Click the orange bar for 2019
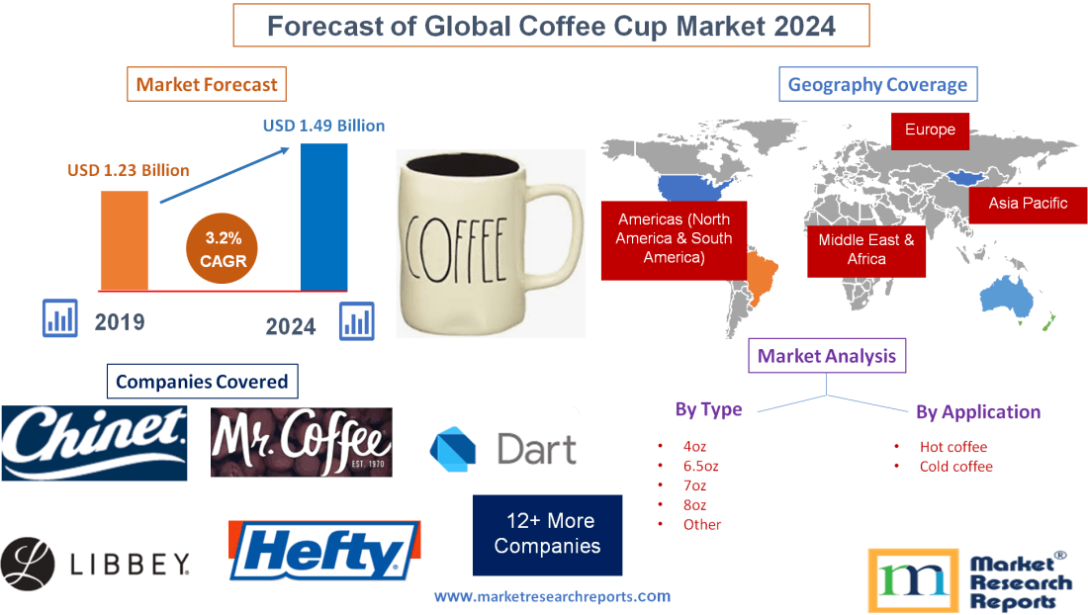tap(125, 240)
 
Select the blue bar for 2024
tap(324, 218)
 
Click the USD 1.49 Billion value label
tap(323, 126)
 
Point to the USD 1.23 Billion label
tap(129, 170)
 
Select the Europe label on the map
tap(930, 130)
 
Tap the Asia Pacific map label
tap(1028, 203)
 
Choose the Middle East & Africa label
tap(866, 249)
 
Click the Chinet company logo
tap(94, 442)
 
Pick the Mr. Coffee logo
tap(301, 442)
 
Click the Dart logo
tap(503, 448)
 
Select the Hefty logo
tap(324, 550)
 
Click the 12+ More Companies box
tap(547, 534)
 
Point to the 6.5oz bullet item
tap(700, 466)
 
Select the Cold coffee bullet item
tap(955, 466)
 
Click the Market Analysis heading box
tap(827, 355)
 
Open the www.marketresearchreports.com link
tap(553, 596)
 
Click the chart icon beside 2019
tap(60, 318)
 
